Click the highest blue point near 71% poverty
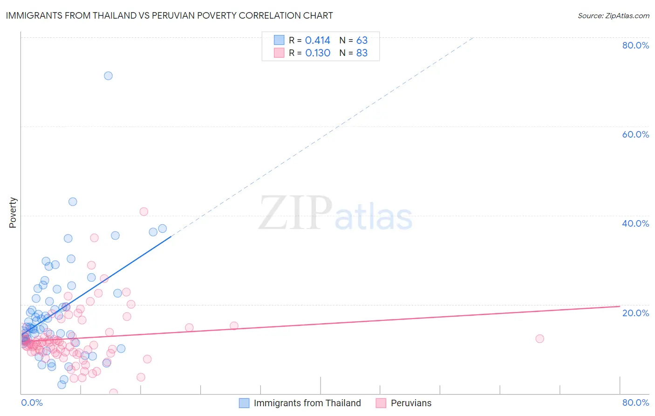click(108, 76)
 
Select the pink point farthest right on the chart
click(539, 339)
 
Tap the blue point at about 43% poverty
click(73, 202)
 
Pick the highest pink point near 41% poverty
click(144, 212)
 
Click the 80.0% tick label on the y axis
click(635, 45)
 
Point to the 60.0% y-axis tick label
click(635, 134)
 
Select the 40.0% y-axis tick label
click(635, 223)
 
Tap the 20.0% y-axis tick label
click(635, 313)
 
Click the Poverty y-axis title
click(13, 213)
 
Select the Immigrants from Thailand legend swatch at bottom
click(244, 403)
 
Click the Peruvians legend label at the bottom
click(411, 403)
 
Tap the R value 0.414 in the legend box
click(318, 41)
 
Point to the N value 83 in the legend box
click(362, 53)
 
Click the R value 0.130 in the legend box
click(318, 53)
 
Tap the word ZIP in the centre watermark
click(295, 213)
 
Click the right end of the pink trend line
click(620, 306)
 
